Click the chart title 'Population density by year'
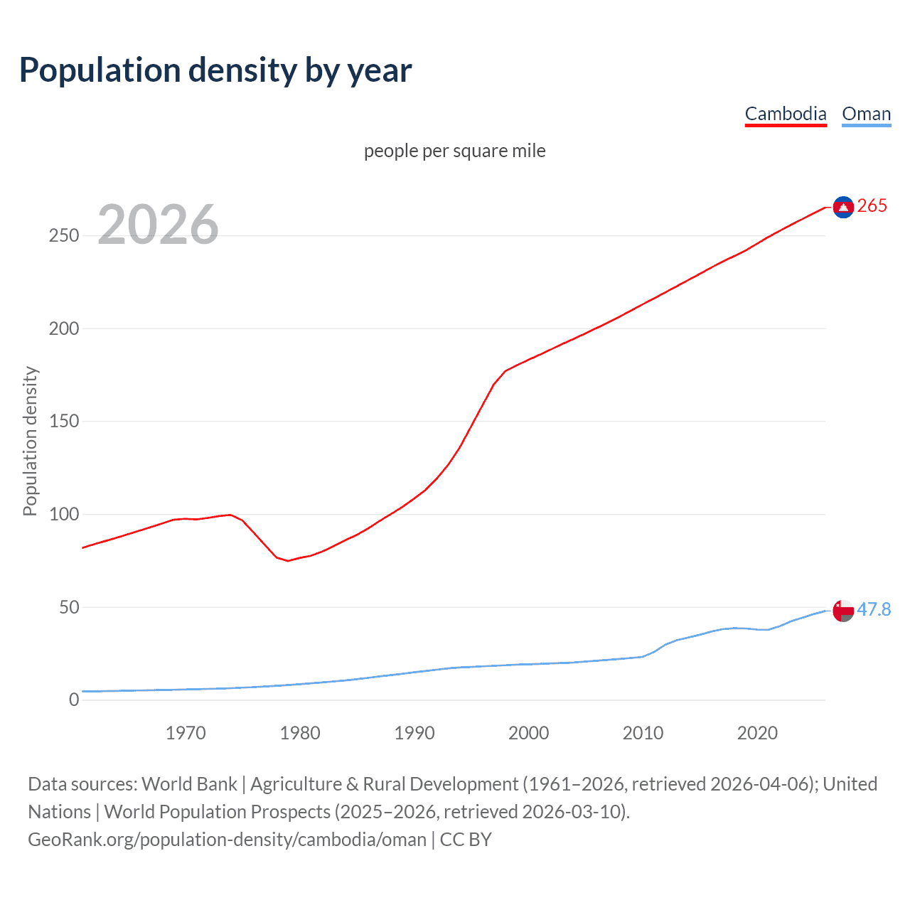215,70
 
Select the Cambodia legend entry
786,114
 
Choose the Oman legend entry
866,114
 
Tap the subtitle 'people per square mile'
454,151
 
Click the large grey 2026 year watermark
158,225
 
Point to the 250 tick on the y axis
64,235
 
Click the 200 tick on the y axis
64,328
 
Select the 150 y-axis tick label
64,422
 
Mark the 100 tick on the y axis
64,514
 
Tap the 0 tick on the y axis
74,700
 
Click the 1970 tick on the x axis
186,733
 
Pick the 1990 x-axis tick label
414,733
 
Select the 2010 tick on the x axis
643,733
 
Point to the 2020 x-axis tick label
757,733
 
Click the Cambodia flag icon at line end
843,207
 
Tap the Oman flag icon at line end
843,610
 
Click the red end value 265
872,206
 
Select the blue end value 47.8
874,610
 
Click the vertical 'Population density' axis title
30,441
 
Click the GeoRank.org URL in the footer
227,840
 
